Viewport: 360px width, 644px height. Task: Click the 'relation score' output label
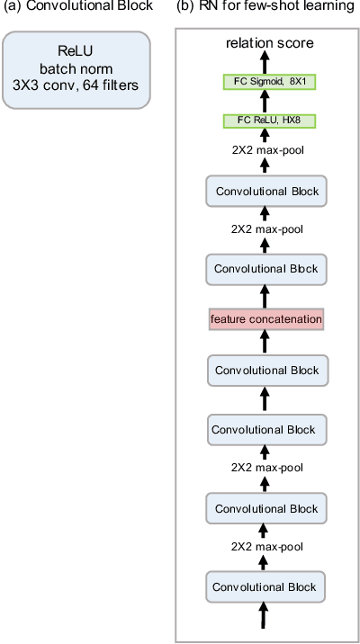(264, 42)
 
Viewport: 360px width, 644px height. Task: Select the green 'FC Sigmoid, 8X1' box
(264, 82)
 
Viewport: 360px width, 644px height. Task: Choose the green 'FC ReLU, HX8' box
(264, 121)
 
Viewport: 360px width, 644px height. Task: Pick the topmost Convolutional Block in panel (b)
(264, 191)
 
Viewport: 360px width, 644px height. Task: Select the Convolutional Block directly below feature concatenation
(264, 370)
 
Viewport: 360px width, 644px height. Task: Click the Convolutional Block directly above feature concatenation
(264, 268)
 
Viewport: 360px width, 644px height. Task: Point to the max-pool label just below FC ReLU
(264, 151)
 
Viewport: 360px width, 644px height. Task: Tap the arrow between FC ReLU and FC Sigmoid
(264, 101)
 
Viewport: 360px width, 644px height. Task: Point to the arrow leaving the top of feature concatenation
(264, 294)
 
